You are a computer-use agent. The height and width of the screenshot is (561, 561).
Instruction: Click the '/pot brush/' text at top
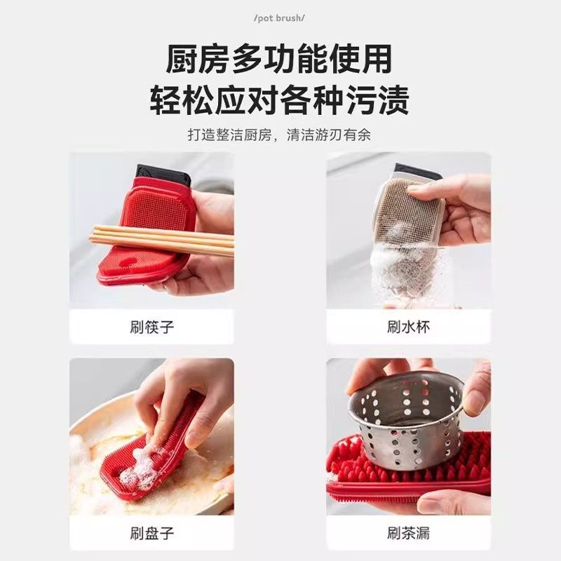[x=280, y=17]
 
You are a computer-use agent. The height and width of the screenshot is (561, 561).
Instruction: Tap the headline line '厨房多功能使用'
[x=280, y=60]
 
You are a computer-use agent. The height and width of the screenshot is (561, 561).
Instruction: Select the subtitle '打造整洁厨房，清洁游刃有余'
[x=280, y=135]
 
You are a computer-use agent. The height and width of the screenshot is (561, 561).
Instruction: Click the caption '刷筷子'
[x=151, y=326]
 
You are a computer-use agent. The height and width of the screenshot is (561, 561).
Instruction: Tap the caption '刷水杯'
[x=409, y=326]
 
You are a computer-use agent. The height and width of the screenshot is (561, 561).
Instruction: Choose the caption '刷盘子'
[x=151, y=533]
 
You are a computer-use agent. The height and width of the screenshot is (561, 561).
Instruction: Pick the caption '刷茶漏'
[x=409, y=533]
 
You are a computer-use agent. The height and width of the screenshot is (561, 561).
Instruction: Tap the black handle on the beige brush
[x=417, y=171]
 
